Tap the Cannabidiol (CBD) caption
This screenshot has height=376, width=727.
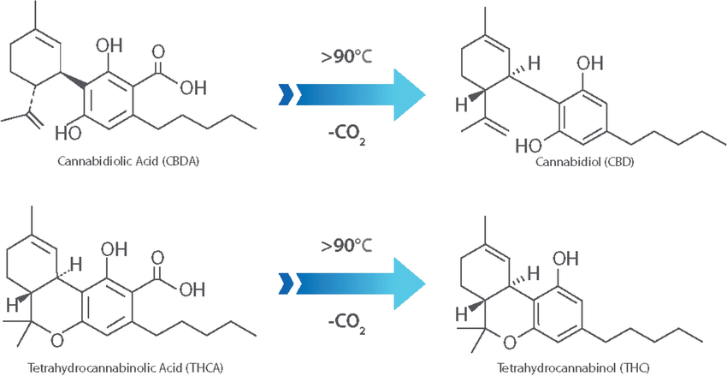pyautogui.click(x=584, y=163)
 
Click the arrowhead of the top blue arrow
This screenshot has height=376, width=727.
pyautogui.click(x=409, y=95)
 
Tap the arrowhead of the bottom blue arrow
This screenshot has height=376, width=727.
pyautogui.click(x=409, y=283)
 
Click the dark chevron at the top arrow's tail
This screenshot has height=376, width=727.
pyautogui.click(x=285, y=95)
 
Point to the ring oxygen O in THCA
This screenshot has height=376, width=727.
pyautogui.click(x=57, y=341)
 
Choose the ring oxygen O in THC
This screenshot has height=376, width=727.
pyautogui.click(x=510, y=342)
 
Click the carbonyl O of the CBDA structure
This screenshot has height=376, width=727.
pyautogui.click(x=159, y=51)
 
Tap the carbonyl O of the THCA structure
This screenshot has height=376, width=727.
pyautogui.click(x=158, y=257)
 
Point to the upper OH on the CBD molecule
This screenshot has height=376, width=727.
pyautogui.click(x=590, y=63)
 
